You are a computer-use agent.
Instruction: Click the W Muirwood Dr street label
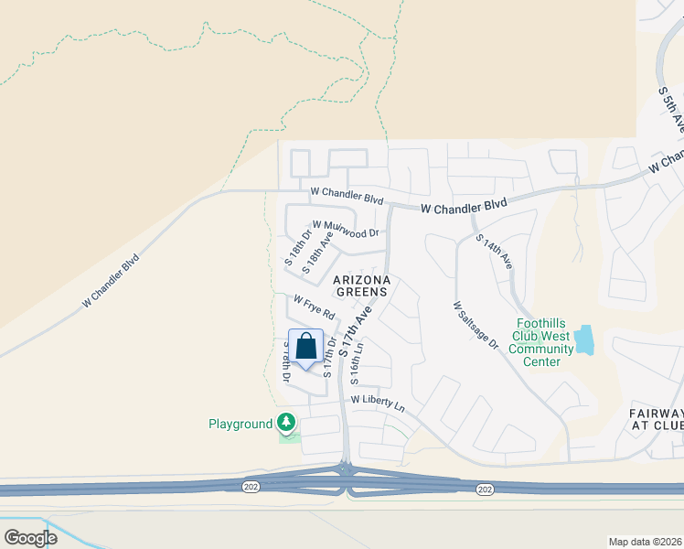click(x=345, y=229)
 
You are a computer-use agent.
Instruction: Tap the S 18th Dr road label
click(x=297, y=247)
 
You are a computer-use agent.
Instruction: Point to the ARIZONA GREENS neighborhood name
click(x=361, y=285)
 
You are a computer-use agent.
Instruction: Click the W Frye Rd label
click(x=314, y=307)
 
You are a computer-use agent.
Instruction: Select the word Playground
click(x=240, y=424)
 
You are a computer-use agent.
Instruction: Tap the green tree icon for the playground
click(x=288, y=423)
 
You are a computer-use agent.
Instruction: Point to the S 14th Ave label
click(x=495, y=250)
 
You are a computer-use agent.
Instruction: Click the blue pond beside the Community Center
click(x=583, y=340)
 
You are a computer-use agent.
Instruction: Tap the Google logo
click(x=30, y=537)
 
